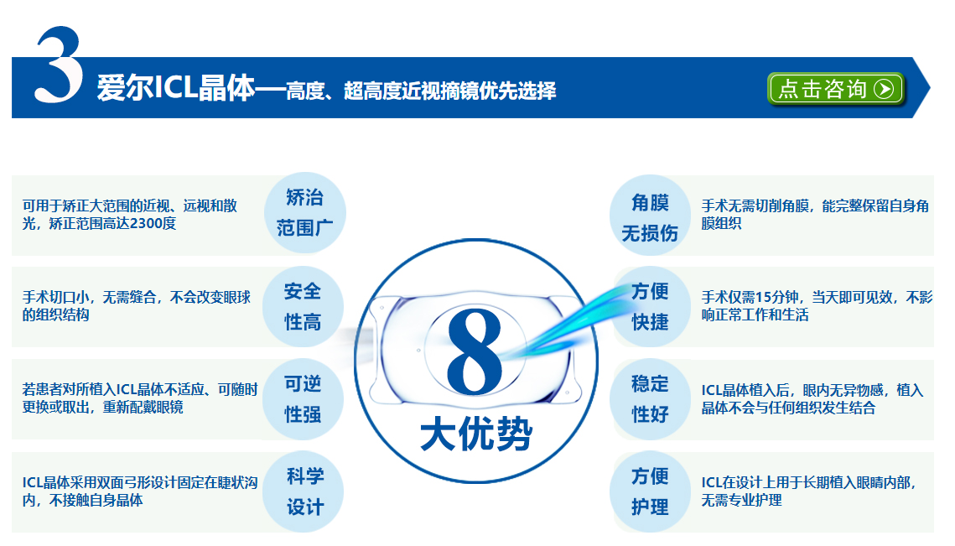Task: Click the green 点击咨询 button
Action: point(836,89)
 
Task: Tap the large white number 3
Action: point(59,65)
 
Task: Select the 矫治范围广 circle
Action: point(305,213)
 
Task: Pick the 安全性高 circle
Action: point(303,306)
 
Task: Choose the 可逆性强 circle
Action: point(303,399)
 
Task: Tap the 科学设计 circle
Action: point(303,491)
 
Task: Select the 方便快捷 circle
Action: point(650,306)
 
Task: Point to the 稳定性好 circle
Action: point(650,399)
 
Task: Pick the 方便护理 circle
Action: point(650,491)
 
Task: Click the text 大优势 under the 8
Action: point(476,434)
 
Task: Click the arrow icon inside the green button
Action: point(884,89)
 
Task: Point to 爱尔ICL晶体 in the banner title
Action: point(175,88)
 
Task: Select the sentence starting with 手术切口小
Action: point(137,306)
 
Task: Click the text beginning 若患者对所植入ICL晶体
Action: point(140,398)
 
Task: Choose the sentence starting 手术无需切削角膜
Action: point(815,215)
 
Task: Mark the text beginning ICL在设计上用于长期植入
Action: point(809,491)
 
